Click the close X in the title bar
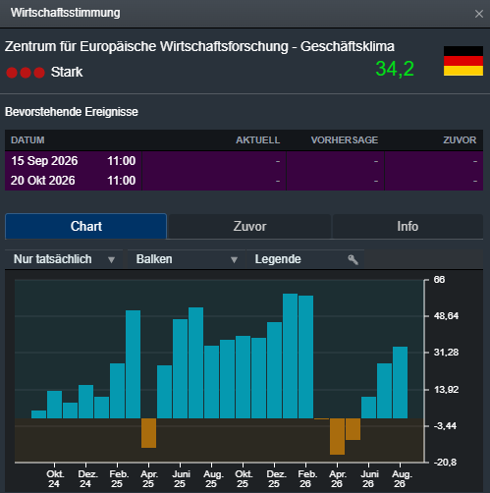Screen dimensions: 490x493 tap(479, 14)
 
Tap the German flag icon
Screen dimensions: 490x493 tap(463, 61)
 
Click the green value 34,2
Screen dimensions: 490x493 tap(395, 69)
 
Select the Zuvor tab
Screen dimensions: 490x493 tap(249, 226)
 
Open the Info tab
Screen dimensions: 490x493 tap(408, 226)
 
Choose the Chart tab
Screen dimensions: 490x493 tap(85, 226)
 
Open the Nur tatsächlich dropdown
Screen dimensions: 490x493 tap(64, 259)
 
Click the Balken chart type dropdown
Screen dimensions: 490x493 tap(187, 259)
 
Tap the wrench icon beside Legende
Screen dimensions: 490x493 tap(353, 259)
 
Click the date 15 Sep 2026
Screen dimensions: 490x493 tap(44, 161)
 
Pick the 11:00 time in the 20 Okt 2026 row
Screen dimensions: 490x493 tap(122, 181)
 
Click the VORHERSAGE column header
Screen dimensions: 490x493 tap(345, 140)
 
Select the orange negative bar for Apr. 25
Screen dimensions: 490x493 tap(148, 433)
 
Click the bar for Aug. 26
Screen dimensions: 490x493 tap(400, 382)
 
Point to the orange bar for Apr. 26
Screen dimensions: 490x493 tap(337, 436)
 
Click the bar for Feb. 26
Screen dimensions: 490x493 tap(305, 356)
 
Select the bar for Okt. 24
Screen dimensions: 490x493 tap(54, 405)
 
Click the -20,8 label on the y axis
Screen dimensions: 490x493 tap(445, 463)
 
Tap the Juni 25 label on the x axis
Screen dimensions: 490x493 tap(180, 479)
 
